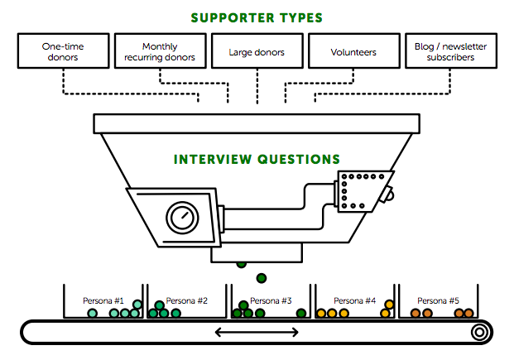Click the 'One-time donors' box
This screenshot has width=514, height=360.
pyautogui.click(x=62, y=51)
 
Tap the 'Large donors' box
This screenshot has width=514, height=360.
pyautogui.click(x=257, y=51)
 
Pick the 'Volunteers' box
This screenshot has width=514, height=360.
pyautogui.click(x=353, y=51)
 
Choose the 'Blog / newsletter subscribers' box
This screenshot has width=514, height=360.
pyautogui.click(x=450, y=51)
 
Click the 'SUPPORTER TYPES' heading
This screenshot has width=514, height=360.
pyautogui.click(x=257, y=17)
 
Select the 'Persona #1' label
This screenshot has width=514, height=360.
pyautogui.click(x=103, y=300)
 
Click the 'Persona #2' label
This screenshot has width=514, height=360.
pyautogui.click(x=187, y=300)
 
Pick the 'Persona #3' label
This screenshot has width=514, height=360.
pyautogui.click(x=271, y=300)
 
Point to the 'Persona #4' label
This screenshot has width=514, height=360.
pyautogui.click(x=355, y=300)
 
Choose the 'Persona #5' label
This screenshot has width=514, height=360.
pyautogui.click(x=439, y=300)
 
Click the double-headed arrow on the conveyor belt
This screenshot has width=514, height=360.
pyautogui.click(x=257, y=333)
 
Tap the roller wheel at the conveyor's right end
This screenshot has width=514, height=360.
pyautogui.click(x=478, y=333)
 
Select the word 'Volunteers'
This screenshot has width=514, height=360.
pyautogui.click(x=353, y=52)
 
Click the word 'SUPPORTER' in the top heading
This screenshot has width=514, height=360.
pyautogui.click(x=227, y=17)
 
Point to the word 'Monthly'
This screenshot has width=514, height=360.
pyautogui.click(x=160, y=47)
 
